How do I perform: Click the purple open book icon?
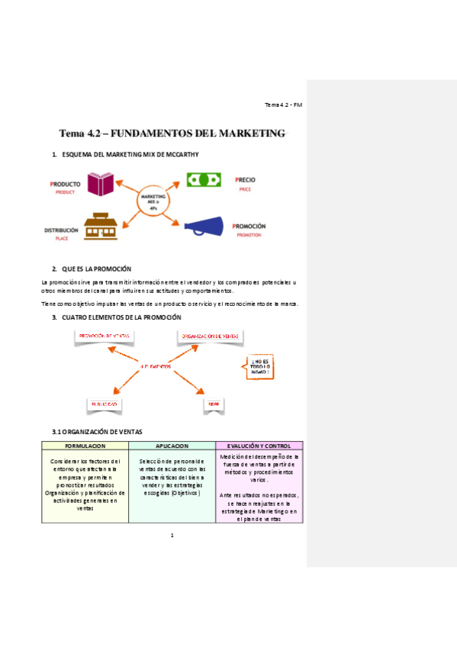pyautogui.click(x=101, y=184)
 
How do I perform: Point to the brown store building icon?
pyautogui.click(x=100, y=227)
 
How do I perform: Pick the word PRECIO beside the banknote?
pyautogui.click(x=245, y=180)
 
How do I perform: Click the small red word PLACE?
pyautogui.click(x=62, y=239)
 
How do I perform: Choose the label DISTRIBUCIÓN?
pyautogui.click(x=61, y=230)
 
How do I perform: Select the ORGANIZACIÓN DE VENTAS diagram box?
pyautogui.click(x=211, y=336)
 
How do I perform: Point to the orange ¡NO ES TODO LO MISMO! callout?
pyautogui.click(x=259, y=367)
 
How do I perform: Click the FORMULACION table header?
pyautogui.click(x=85, y=446)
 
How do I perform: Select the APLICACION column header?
pyautogui.click(x=172, y=446)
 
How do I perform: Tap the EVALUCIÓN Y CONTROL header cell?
pyautogui.click(x=259, y=446)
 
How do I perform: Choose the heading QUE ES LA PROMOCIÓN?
pyautogui.click(x=97, y=269)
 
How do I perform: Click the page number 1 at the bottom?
pyautogui.click(x=172, y=535)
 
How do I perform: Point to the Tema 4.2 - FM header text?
pyautogui.click(x=284, y=105)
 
